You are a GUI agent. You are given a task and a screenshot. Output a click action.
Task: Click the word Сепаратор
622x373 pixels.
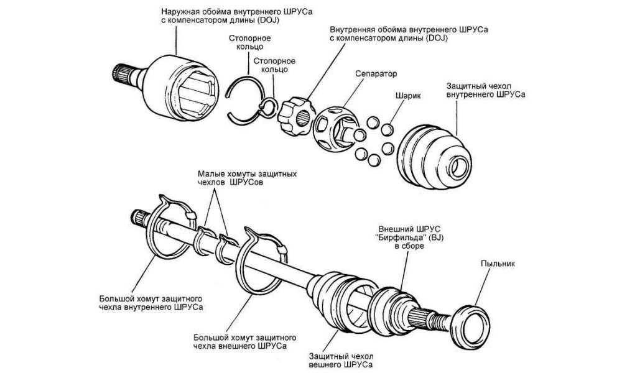pyautogui.click(x=376, y=73)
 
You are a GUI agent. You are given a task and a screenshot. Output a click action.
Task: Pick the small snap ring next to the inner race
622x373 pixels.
pyautogui.click(x=269, y=107)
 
